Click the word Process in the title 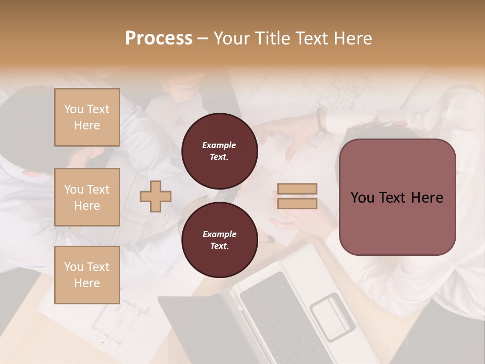[x=159, y=38]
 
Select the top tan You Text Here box [x=87, y=117]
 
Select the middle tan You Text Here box [x=87, y=197]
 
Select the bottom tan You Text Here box [x=87, y=275]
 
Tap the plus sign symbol [x=156, y=196]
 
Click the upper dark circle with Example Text [x=220, y=151]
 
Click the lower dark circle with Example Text [x=220, y=240]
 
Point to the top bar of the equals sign [x=298, y=189]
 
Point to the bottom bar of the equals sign [x=298, y=203]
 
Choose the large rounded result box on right [x=397, y=197]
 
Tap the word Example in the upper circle [x=219, y=145]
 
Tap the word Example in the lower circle [x=219, y=234]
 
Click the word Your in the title [x=231, y=38]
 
